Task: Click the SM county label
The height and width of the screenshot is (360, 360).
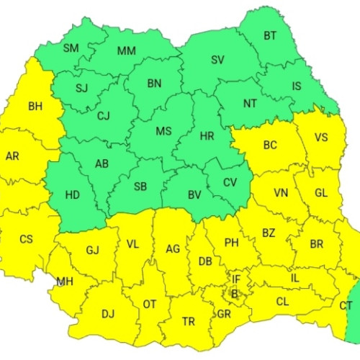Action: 71,48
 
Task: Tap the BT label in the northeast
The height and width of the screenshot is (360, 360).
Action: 270,35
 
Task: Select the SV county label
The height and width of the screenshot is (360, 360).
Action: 217,60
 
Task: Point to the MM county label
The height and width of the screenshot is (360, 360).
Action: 126,50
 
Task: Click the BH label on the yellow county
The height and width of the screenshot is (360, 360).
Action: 35,107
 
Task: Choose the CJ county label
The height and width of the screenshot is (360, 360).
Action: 104,115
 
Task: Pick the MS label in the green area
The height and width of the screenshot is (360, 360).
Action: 163,131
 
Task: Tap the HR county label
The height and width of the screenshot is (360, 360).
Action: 207,135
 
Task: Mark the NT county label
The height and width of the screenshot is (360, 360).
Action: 250,103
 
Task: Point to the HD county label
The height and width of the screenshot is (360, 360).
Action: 72,194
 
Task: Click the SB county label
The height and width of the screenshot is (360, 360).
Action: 140,186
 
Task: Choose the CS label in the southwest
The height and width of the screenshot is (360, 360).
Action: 26,239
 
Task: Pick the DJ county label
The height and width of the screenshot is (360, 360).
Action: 108,313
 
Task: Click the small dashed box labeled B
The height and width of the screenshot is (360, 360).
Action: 234,293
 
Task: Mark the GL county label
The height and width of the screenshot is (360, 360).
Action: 321,193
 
